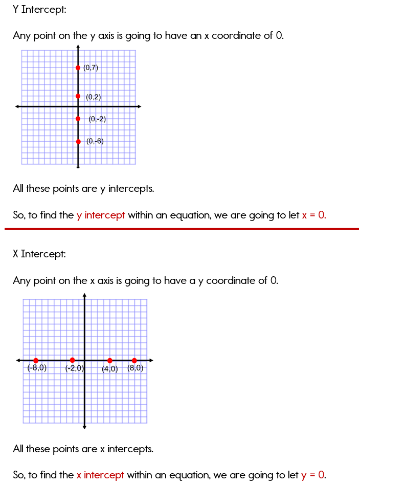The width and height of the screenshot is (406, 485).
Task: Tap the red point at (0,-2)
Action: point(78,119)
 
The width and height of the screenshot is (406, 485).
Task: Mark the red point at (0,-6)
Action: point(78,142)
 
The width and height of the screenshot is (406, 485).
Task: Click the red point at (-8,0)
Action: point(36,361)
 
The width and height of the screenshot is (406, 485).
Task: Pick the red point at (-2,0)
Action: point(72,360)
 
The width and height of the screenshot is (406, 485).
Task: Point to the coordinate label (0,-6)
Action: point(95,141)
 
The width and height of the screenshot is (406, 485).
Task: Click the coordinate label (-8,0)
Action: point(37,368)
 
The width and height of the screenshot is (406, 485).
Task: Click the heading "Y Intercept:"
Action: point(39,9)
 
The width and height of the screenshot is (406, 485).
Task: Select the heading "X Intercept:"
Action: point(39,254)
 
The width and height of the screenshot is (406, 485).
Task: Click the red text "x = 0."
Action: point(313,215)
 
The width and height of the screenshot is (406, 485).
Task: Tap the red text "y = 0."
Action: point(313,475)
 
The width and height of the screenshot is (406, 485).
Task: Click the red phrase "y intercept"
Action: point(101,215)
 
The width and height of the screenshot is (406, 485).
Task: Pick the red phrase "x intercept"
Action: point(100,475)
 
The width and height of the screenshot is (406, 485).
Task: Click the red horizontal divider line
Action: point(182,229)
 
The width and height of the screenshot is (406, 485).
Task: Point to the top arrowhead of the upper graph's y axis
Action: point(78,47)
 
